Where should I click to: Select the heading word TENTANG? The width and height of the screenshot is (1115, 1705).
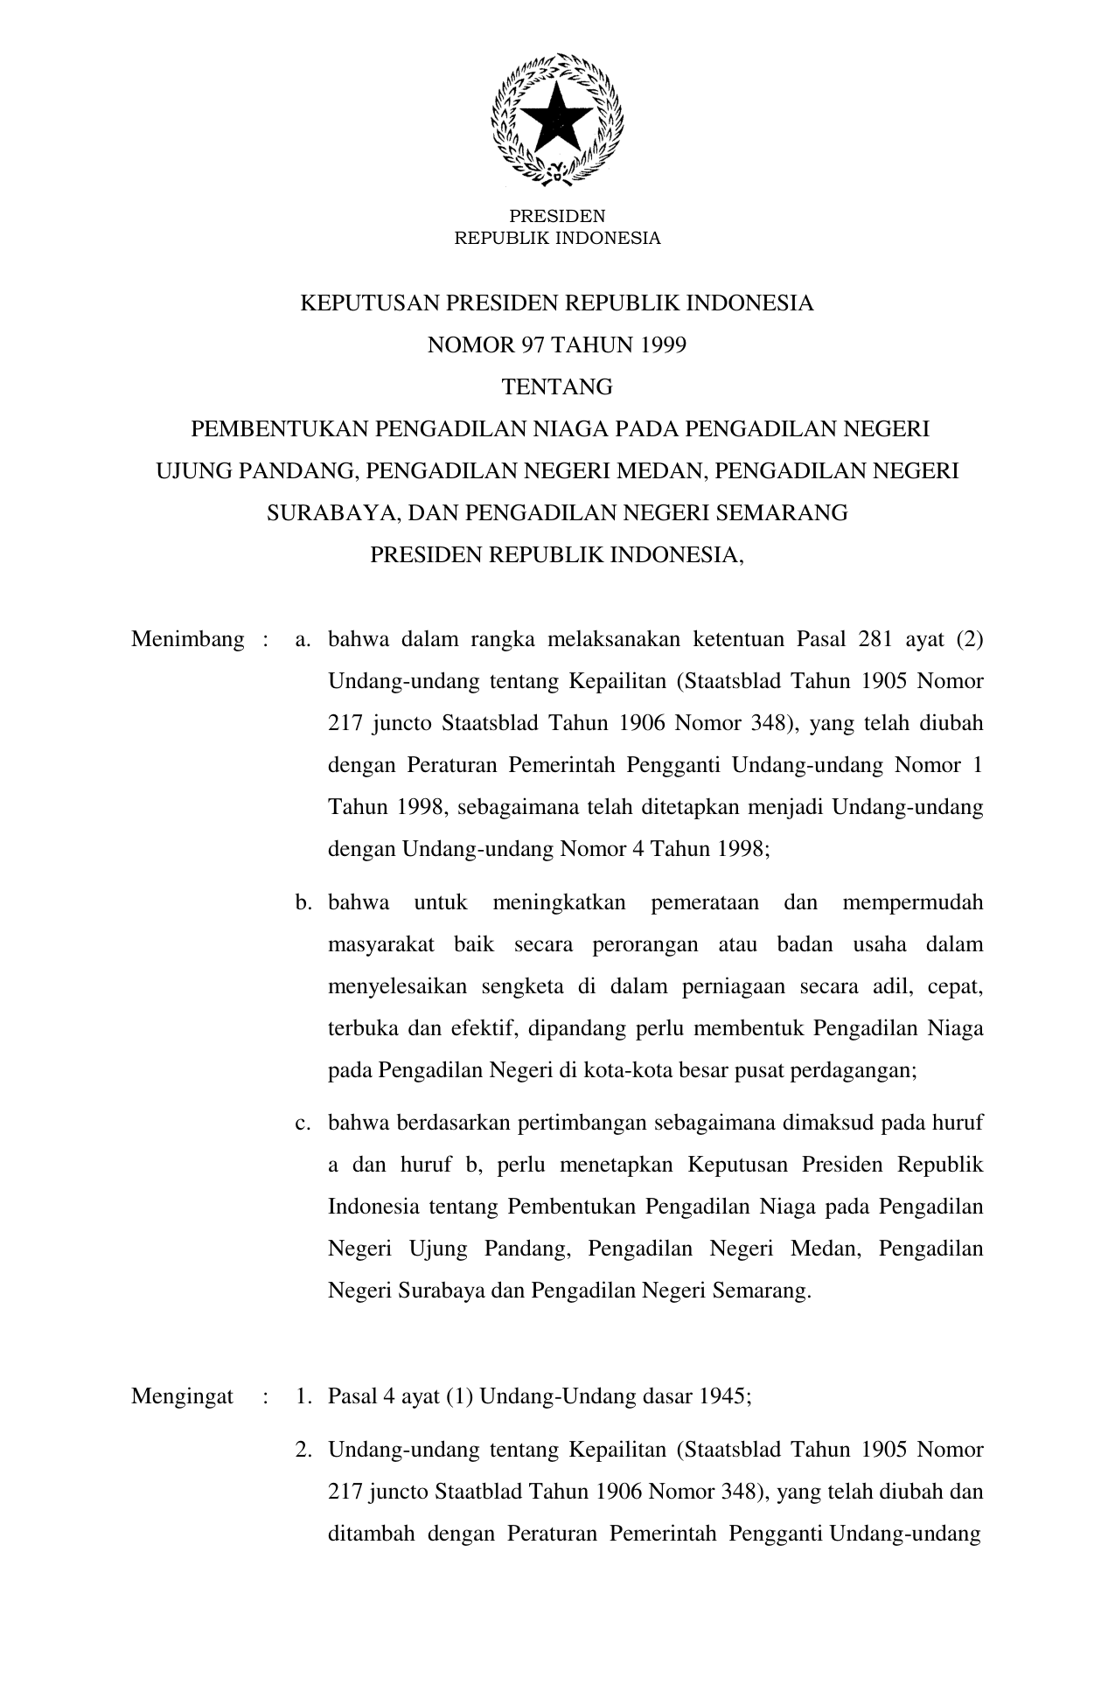click(557, 387)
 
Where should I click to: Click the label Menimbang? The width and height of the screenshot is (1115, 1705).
click(187, 640)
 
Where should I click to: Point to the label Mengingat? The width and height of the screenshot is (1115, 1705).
click(182, 1396)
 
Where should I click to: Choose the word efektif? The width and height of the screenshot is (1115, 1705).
click(477, 1029)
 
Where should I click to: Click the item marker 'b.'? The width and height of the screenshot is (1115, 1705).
click(303, 903)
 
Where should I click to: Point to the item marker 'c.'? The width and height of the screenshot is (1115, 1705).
click(303, 1124)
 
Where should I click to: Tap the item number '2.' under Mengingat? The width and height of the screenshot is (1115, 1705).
click(303, 1451)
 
